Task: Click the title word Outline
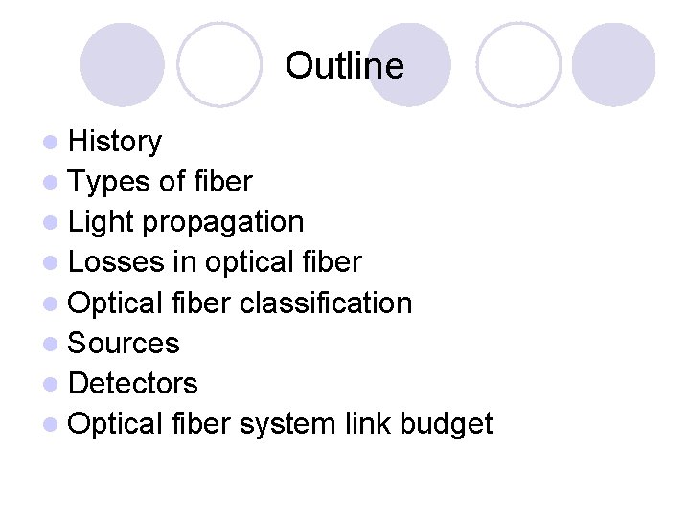(344, 66)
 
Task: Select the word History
(116, 142)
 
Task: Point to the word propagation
(223, 223)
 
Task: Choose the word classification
(326, 303)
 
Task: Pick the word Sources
(125, 343)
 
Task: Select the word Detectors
(134, 384)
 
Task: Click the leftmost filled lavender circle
(122, 65)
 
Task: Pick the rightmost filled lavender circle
(613, 65)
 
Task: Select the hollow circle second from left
(219, 65)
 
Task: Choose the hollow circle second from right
(518, 65)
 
